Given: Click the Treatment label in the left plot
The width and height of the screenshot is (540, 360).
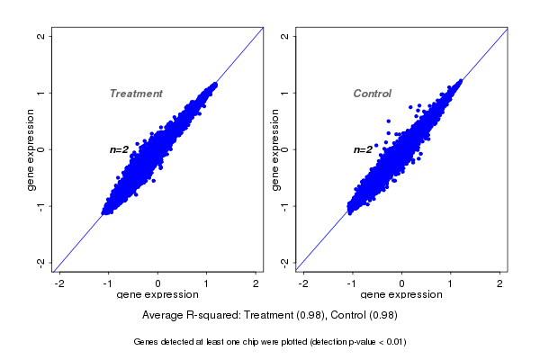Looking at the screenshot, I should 136,94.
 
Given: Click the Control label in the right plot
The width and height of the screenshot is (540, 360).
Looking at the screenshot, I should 372,94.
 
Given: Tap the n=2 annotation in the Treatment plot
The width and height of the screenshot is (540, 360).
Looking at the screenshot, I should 120,149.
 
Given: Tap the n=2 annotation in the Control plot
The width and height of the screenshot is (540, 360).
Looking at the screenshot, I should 363,149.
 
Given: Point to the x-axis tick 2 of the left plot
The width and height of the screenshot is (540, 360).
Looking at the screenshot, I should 256,283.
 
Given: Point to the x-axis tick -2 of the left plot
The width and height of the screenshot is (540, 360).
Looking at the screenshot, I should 59,283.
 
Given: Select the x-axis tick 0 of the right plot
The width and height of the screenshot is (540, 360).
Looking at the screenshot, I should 402,283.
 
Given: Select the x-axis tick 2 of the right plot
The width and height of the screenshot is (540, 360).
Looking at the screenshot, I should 500,283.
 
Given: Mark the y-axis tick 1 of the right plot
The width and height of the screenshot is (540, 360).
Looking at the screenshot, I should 285,93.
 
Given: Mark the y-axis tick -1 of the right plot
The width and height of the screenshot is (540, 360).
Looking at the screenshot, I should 285,206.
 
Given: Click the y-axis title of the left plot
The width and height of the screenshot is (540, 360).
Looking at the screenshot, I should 31,149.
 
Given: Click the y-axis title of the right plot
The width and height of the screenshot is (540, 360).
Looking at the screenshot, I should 274,149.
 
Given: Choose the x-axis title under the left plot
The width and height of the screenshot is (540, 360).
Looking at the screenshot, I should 157,295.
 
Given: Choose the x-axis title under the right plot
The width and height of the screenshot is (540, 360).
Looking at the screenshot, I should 401,295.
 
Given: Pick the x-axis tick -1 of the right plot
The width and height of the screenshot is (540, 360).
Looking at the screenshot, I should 352,283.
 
